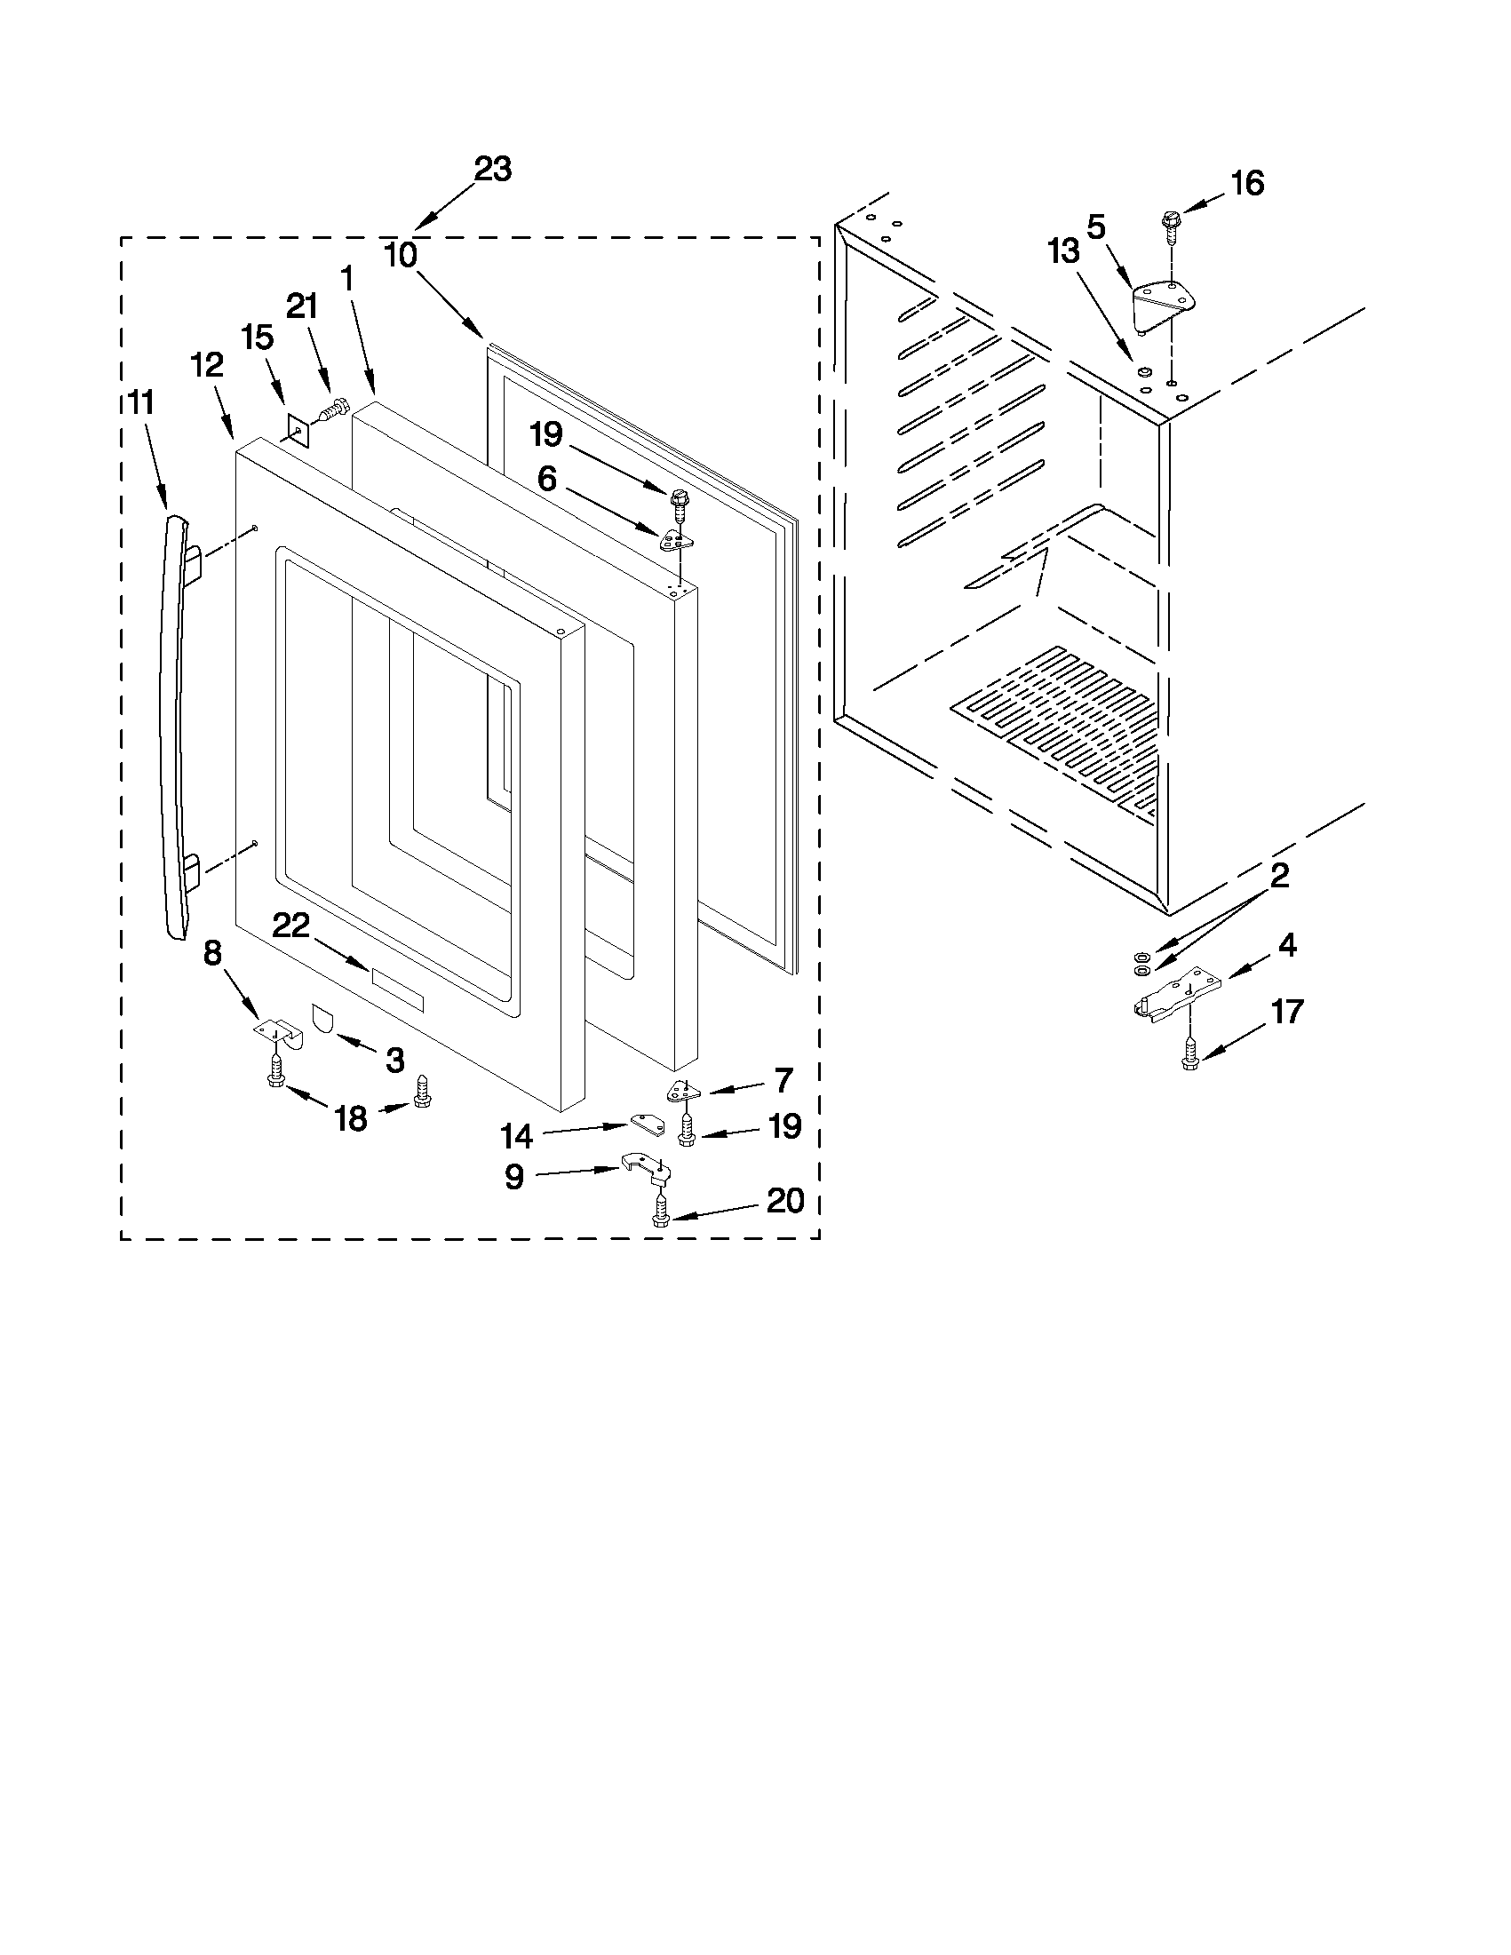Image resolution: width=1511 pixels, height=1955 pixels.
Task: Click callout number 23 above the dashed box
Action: [492, 169]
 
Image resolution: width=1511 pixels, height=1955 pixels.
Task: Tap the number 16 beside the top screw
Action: [1246, 184]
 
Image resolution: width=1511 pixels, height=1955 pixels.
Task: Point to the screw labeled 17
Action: [1189, 1053]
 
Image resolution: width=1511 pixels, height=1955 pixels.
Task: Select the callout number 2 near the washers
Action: [1279, 876]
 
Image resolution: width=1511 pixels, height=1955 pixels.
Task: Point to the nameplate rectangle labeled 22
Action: [397, 990]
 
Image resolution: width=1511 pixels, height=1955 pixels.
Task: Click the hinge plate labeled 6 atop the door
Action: [677, 541]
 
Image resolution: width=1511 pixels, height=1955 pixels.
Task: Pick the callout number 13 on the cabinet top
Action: [1063, 252]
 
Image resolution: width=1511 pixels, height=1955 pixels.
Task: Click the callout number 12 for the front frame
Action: [207, 365]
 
